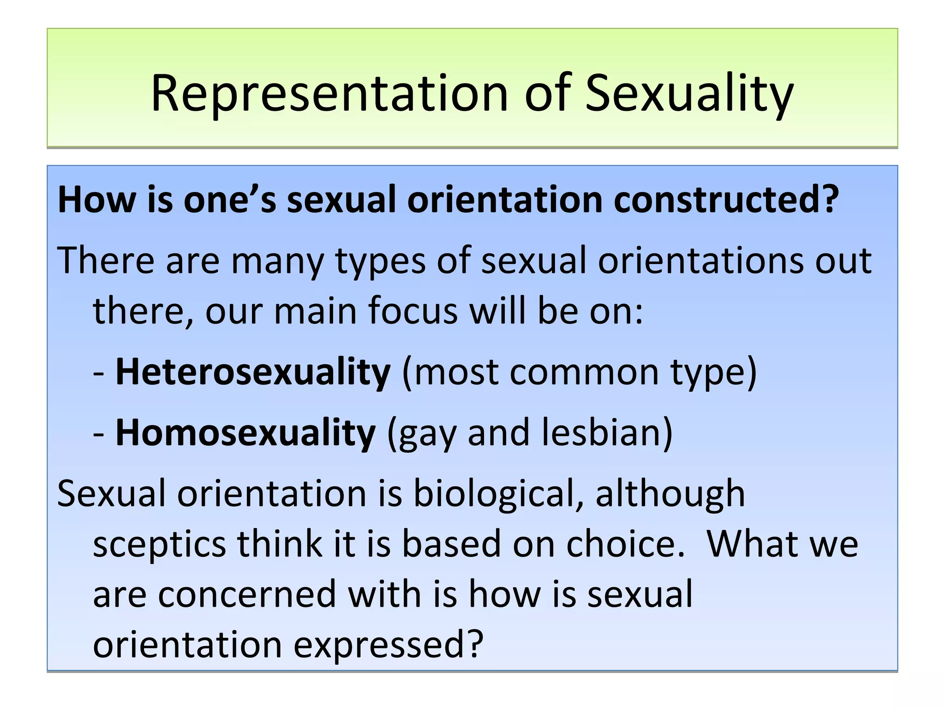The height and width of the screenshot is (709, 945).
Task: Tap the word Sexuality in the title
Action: point(689,94)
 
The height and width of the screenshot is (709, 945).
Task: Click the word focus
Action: point(413,311)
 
